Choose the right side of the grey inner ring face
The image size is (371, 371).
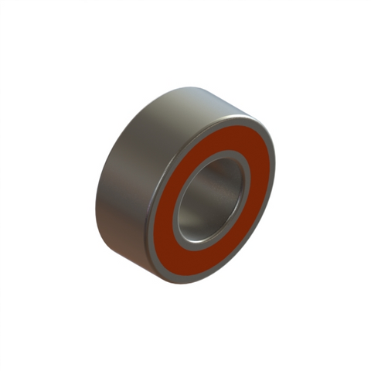click(x=248, y=182)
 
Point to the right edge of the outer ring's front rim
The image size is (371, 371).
click(x=275, y=166)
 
